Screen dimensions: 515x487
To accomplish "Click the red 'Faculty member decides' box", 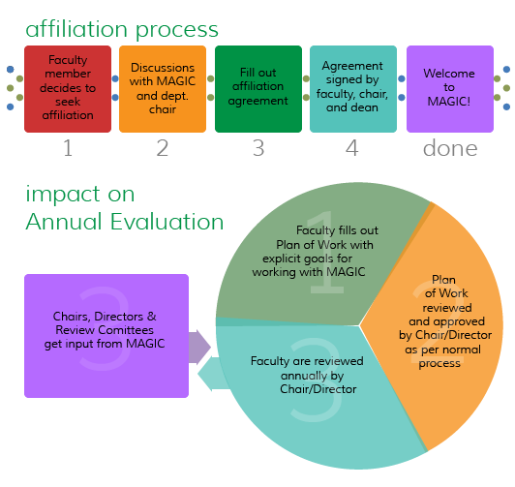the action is (68, 89).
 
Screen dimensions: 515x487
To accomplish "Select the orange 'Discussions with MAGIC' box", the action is (163, 89).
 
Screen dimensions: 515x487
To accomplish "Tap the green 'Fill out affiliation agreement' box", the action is (258, 89).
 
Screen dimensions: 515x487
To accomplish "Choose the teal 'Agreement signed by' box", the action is (353, 89).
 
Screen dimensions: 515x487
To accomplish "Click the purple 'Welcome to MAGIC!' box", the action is (450, 89).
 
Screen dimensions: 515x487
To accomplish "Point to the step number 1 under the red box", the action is (68, 148).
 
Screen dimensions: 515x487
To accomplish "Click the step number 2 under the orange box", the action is (163, 148).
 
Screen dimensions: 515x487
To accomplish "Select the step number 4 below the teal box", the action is (352, 148).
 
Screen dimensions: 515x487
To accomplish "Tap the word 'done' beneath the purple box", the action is (450, 148).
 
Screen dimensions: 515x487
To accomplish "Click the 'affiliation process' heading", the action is (122, 30).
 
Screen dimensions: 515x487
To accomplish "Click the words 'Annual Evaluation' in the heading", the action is (125, 222).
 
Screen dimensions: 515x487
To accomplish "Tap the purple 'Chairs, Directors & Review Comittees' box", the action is (106, 336).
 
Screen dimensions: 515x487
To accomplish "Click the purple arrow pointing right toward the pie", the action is (199, 348).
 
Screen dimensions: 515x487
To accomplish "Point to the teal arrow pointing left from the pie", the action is (214, 374).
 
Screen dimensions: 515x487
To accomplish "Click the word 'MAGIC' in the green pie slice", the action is (346, 272).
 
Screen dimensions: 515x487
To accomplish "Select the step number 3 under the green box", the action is (258, 148).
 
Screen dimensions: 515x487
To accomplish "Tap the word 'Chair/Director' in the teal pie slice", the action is (318, 389).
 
